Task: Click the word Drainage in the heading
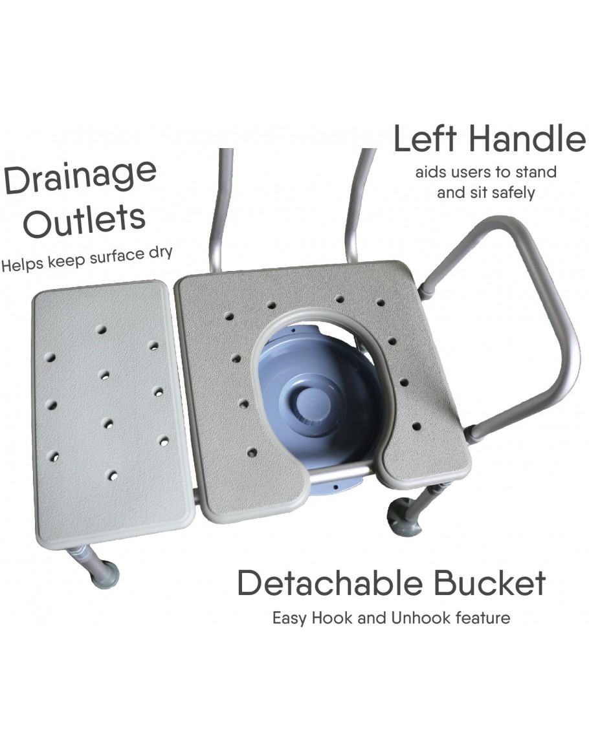tap(80, 178)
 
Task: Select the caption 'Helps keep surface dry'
tap(86, 259)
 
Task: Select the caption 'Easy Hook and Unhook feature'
tap(391, 618)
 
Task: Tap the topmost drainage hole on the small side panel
tap(101, 330)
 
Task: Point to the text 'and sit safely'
tap(486, 193)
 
